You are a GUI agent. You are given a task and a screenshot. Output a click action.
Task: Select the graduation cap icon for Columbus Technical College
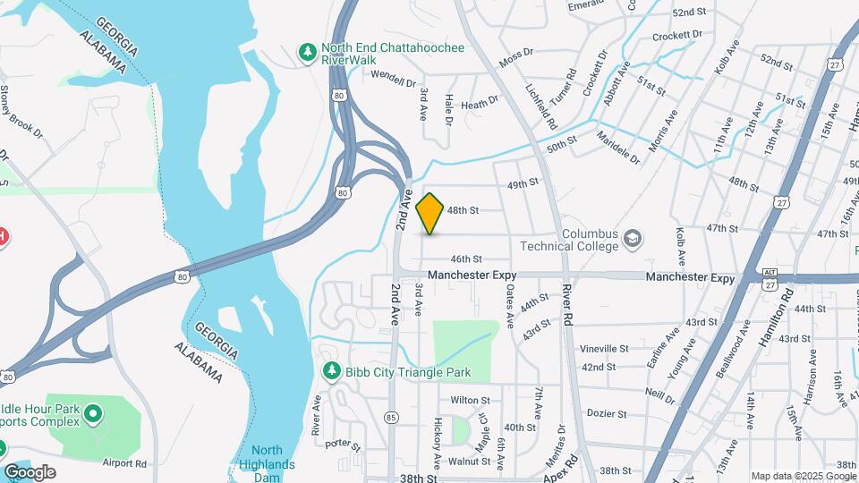coord(633,238)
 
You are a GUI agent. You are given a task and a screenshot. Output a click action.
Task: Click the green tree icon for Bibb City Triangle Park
coord(331,370)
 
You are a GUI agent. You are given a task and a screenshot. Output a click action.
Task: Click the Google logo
coord(30,472)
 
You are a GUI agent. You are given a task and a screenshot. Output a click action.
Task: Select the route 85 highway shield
coord(390,417)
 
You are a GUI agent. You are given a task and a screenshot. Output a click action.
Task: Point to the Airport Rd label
coord(124,463)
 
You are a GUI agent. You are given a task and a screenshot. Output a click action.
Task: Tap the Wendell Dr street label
coord(394,78)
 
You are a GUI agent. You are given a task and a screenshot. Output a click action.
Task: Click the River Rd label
coord(566,304)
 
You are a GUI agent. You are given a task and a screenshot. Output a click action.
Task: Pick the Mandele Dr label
coord(618,149)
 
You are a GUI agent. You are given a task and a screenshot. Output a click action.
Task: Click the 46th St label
coord(466,258)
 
